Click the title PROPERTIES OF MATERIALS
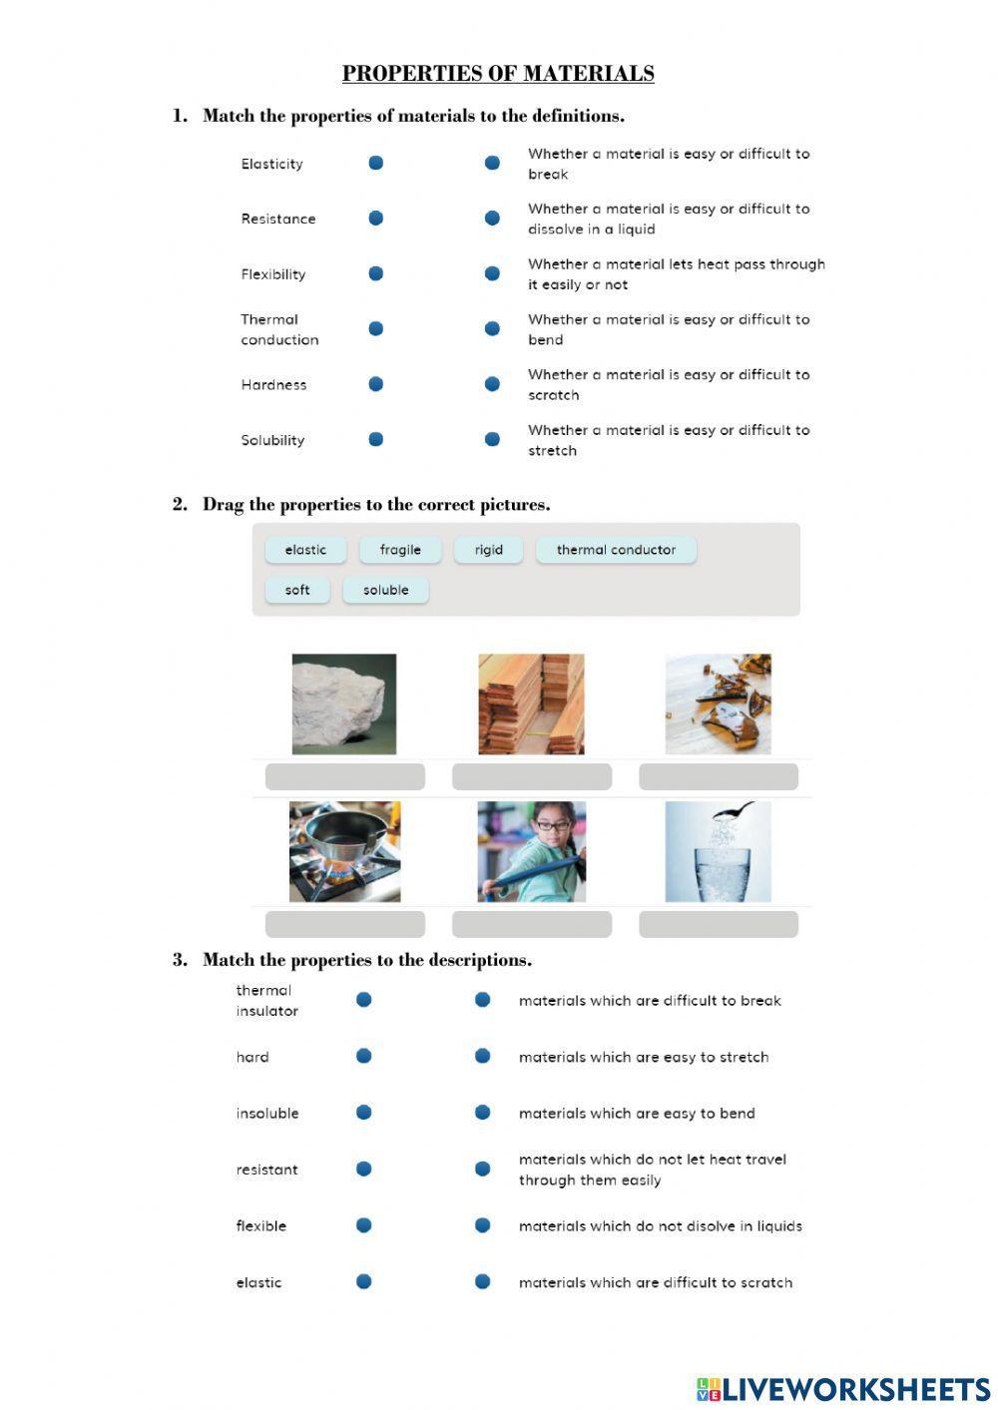click(498, 74)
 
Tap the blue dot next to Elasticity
click(376, 163)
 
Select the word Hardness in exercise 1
click(273, 385)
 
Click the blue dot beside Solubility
click(376, 439)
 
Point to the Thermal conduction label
click(278, 329)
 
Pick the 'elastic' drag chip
click(305, 550)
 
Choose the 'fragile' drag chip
click(400, 550)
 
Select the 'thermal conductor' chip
click(616, 550)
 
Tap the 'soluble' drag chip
click(385, 590)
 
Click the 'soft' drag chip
click(297, 590)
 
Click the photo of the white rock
click(344, 704)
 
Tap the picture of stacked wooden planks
click(531, 704)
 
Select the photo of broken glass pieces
click(718, 704)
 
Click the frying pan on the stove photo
click(344, 851)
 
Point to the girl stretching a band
click(531, 851)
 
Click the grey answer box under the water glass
click(718, 924)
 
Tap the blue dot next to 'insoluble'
click(364, 1113)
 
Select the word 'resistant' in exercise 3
click(266, 1170)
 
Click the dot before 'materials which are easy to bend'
click(482, 1113)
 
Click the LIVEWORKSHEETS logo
click(843, 1389)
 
